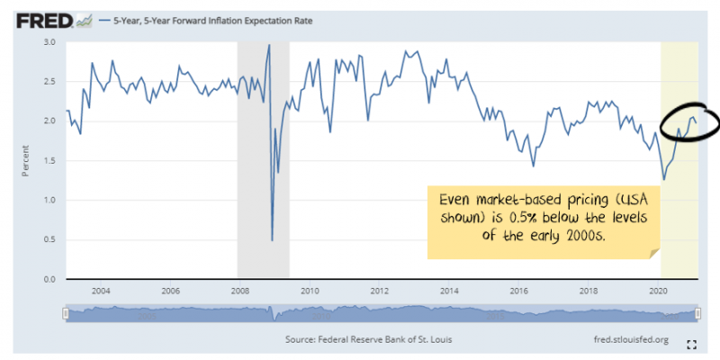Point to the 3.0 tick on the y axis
[x=49, y=42]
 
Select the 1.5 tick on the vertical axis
[x=49, y=161]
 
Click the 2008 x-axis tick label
[x=239, y=291]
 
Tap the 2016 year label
[x=518, y=291]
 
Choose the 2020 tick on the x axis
[x=658, y=291]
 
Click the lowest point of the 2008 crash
[x=272, y=240]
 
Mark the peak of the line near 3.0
[x=269, y=45]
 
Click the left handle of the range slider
[x=66, y=312]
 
